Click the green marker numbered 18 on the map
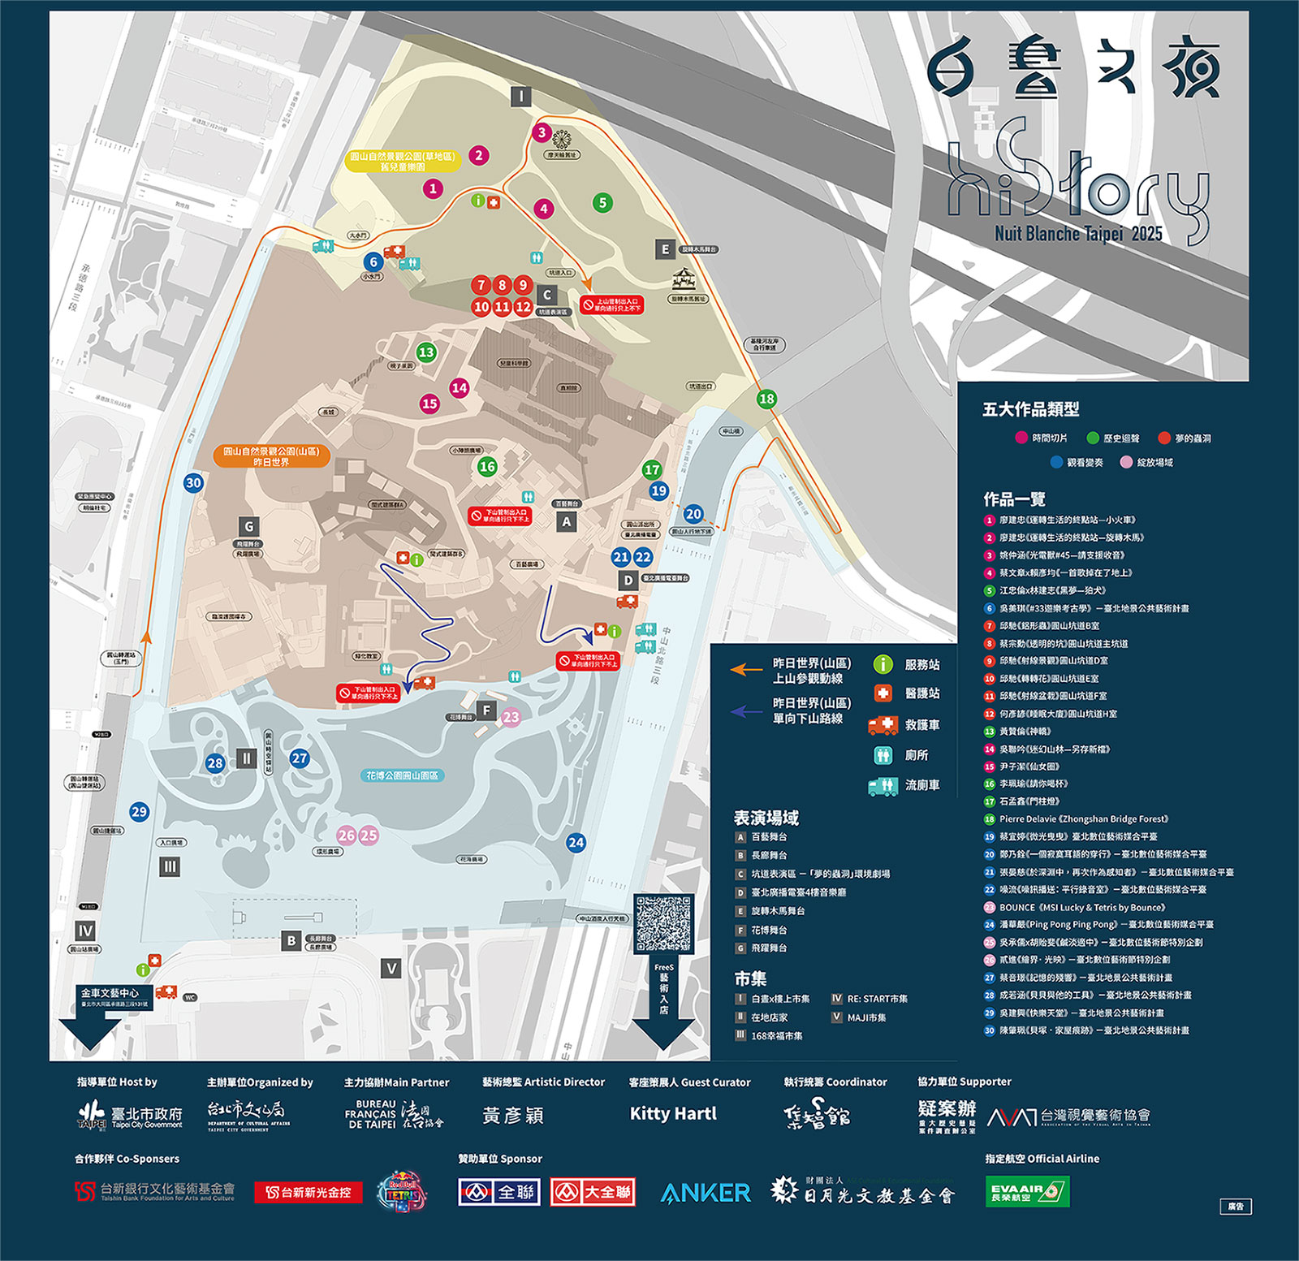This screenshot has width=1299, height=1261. [x=766, y=399]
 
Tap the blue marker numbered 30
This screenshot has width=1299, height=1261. [x=193, y=483]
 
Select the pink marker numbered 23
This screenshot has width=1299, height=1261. [x=511, y=717]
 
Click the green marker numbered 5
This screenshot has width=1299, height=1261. [x=602, y=202]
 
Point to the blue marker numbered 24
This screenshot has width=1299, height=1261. [x=576, y=842]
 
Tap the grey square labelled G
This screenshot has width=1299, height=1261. [x=249, y=526]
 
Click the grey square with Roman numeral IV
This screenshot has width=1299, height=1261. [x=85, y=931]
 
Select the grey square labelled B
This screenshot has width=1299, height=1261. [x=291, y=941]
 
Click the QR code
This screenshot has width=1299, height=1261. [x=663, y=924]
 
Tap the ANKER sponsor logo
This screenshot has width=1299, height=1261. [x=706, y=1192]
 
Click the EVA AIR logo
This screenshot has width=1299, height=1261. [x=1027, y=1191]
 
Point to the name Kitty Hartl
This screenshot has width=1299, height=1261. [x=673, y=1114]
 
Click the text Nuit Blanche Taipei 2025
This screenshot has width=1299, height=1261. [x=1078, y=234]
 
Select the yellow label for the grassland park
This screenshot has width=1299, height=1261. [x=403, y=161]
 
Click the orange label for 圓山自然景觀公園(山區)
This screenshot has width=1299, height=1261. [x=271, y=456]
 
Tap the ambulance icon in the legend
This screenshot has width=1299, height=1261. [x=883, y=724]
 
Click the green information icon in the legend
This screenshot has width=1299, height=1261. [x=883, y=664]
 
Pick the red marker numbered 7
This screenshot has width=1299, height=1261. [x=481, y=285]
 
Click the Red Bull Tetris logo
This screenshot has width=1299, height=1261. [x=402, y=1192]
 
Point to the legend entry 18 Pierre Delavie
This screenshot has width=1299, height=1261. [x=1083, y=818]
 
